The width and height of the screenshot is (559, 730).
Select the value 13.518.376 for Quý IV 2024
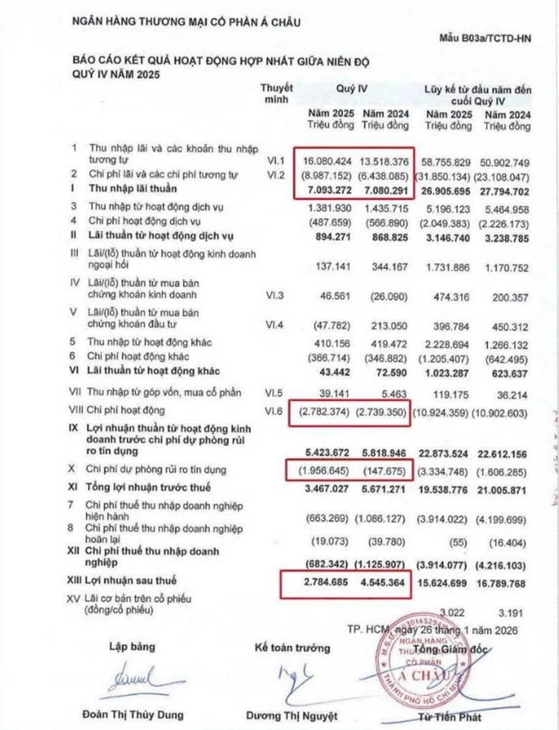(x=384, y=161)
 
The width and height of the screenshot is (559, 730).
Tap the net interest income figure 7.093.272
(x=328, y=189)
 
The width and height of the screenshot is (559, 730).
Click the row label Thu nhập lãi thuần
(x=133, y=189)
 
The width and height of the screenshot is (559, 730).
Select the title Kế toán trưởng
(x=292, y=648)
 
